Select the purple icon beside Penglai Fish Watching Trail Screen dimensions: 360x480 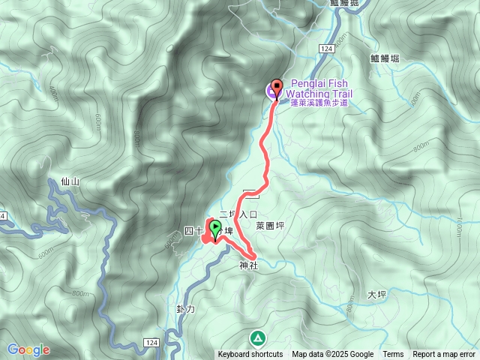pyautogui.click(x=270, y=92)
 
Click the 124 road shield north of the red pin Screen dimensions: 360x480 pyautogui.click(x=325, y=49)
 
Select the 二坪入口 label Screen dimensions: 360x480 pyautogui.click(x=238, y=214)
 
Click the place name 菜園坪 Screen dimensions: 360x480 pyautogui.click(x=270, y=225)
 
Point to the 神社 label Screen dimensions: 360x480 pyautogui.click(x=249, y=265)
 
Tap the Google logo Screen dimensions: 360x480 pyautogui.click(x=28, y=349)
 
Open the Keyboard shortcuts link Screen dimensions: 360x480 pyautogui.click(x=250, y=355)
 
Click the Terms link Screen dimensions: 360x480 pyautogui.click(x=393, y=355)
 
